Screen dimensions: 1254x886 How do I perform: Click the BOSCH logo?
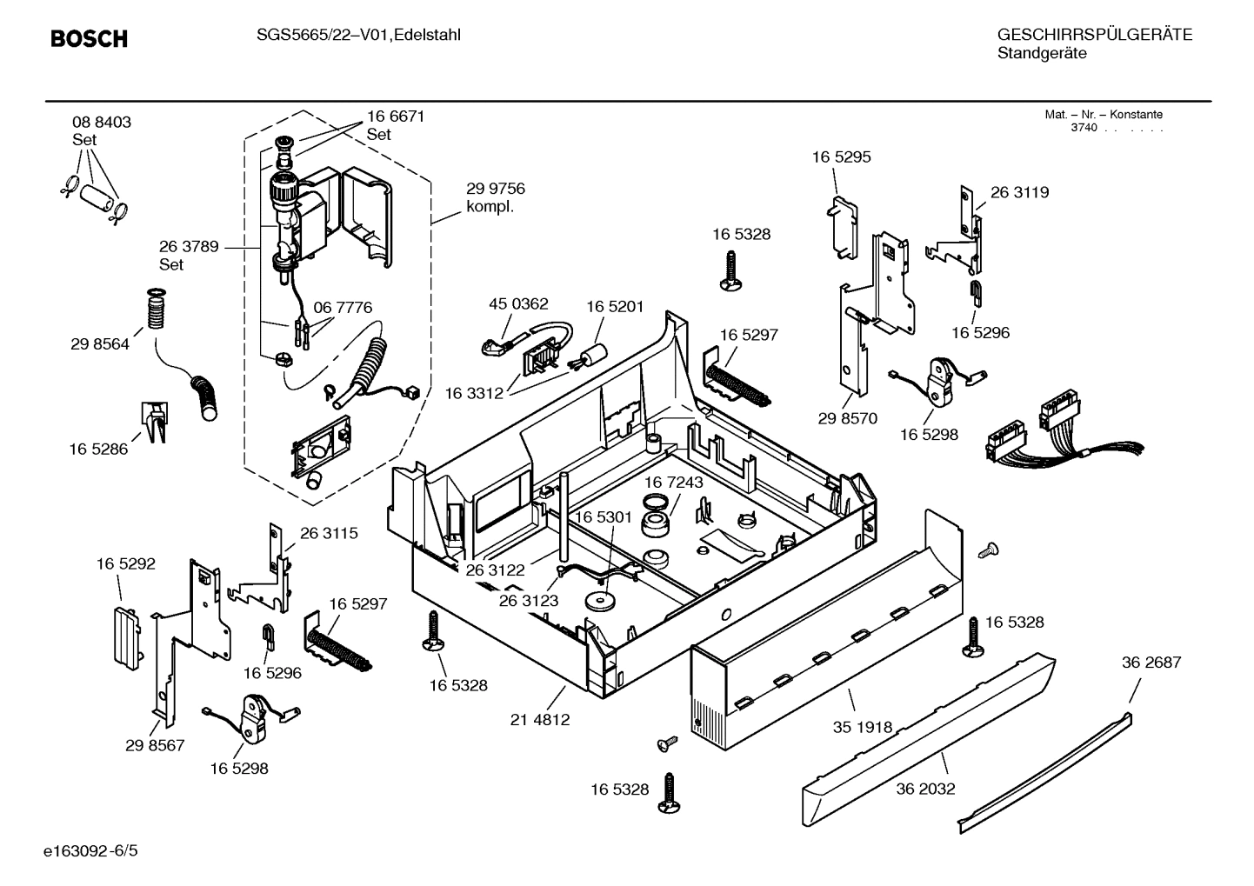pyautogui.click(x=89, y=39)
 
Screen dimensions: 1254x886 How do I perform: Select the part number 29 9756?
pyautogui.click(x=496, y=189)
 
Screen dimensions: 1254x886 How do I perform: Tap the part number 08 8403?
pyautogui.click(x=102, y=123)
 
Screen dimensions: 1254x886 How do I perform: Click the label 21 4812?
pyautogui.click(x=540, y=720)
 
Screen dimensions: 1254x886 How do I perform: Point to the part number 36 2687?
pyautogui.click(x=1151, y=663)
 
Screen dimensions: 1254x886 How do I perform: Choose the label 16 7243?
pyautogui.click(x=674, y=482)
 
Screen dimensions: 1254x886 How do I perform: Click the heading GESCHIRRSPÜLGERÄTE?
pyautogui.click(x=1095, y=35)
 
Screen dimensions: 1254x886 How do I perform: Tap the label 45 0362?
pyautogui.click(x=518, y=304)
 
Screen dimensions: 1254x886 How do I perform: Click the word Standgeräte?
pyautogui.click(x=1042, y=53)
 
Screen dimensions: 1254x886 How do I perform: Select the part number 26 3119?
pyautogui.click(x=1019, y=193)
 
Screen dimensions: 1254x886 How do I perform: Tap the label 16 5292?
pyautogui.click(x=126, y=564)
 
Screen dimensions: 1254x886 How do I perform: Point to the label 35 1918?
pyautogui.click(x=863, y=727)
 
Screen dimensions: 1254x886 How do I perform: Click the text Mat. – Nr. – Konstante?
pyautogui.click(x=1103, y=115)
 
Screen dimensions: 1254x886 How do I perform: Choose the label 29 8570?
pyautogui.click(x=848, y=418)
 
